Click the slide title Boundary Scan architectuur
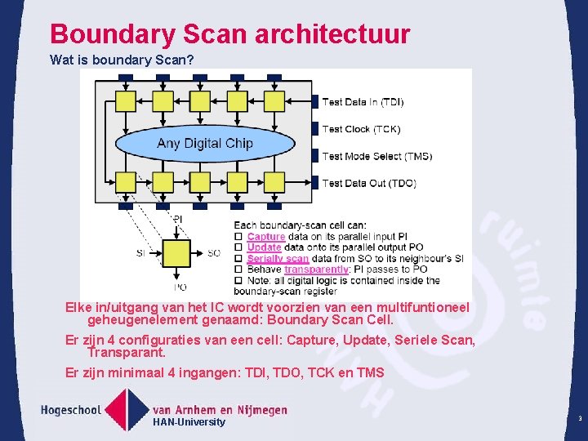(x=229, y=34)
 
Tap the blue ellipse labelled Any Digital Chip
(x=205, y=144)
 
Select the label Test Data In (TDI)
(x=363, y=102)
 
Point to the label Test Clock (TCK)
(x=361, y=129)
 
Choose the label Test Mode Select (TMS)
(x=376, y=156)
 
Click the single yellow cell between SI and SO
(x=176, y=253)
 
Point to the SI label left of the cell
(x=140, y=253)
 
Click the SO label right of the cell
(x=213, y=253)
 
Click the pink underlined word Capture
(x=265, y=236)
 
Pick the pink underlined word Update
(x=264, y=247)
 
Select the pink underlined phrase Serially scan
(x=278, y=258)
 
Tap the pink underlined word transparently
(x=316, y=269)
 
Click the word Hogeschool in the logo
(x=71, y=408)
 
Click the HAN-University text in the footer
(x=189, y=422)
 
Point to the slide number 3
(x=579, y=419)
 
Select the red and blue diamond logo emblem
(x=126, y=409)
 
